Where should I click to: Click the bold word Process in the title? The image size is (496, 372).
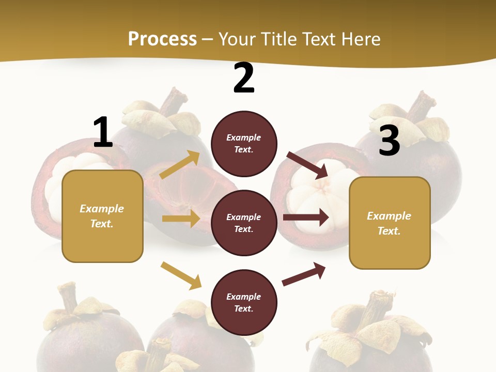click(162, 39)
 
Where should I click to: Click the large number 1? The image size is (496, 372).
click(103, 132)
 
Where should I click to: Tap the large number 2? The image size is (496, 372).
click(244, 78)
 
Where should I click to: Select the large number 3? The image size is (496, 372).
click(389, 141)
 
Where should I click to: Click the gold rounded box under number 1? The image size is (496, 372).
click(102, 216)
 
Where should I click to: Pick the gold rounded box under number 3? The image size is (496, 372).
click(390, 223)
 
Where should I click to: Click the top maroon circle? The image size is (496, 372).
click(244, 144)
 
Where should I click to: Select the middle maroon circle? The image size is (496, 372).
click(244, 223)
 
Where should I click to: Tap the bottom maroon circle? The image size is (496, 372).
click(244, 302)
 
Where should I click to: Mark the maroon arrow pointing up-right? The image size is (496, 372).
click(304, 274)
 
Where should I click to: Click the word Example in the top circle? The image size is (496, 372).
click(244, 137)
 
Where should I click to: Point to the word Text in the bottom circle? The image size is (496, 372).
click(243, 308)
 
